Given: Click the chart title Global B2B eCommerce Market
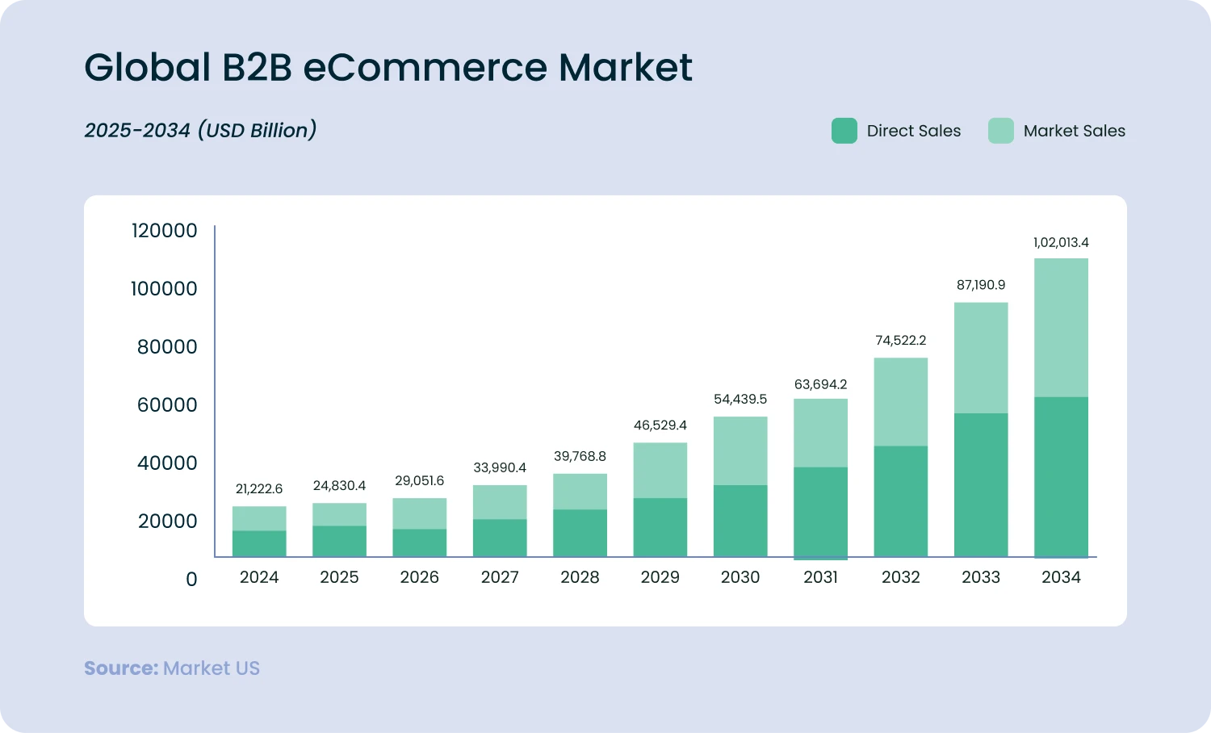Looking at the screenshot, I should pyautogui.click(x=388, y=67).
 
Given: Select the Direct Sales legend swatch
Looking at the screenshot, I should pyautogui.click(x=844, y=131).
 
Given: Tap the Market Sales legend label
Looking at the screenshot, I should pyautogui.click(x=1074, y=131).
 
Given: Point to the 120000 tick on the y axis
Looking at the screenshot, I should pyautogui.click(x=164, y=231).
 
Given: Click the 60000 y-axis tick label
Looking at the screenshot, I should pyautogui.click(x=167, y=405).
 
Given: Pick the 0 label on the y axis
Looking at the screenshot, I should pyautogui.click(x=191, y=580).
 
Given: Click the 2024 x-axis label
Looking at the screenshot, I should pyautogui.click(x=259, y=577).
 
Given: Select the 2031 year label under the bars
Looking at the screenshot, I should pyautogui.click(x=820, y=577).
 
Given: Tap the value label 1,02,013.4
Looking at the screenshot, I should pyautogui.click(x=1061, y=242).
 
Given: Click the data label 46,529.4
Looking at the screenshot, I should pyautogui.click(x=660, y=425).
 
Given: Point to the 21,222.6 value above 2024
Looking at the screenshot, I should pyautogui.click(x=259, y=489).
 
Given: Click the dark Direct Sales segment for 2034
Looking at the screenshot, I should pyautogui.click(x=1061, y=476).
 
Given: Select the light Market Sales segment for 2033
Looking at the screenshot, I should pyautogui.click(x=981, y=358).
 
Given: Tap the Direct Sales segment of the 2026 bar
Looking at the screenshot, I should pyautogui.click(x=419, y=542).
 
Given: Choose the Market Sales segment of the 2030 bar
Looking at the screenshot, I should pyautogui.click(x=740, y=450).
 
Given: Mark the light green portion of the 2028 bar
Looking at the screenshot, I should pyautogui.click(x=580, y=492).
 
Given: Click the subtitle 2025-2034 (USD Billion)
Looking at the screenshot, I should pyautogui.click(x=200, y=130).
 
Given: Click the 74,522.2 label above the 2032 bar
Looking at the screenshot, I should pyautogui.click(x=900, y=341).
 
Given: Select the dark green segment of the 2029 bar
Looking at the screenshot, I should pyautogui.click(x=660, y=527).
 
